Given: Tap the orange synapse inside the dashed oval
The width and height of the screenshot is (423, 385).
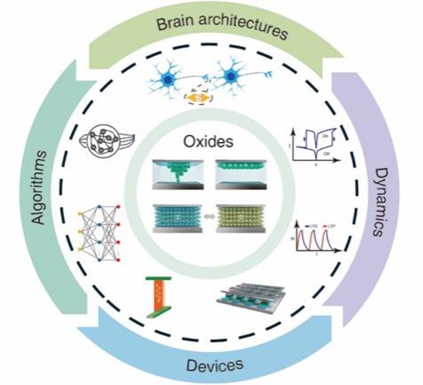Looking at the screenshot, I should (198, 98).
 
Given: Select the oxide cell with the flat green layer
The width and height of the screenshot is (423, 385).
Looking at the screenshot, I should (240, 173).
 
